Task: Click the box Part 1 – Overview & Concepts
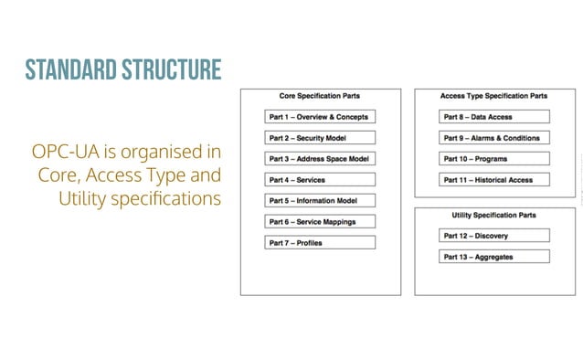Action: point(320,117)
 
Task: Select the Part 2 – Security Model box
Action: point(320,138)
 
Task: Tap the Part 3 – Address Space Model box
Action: point(320,159)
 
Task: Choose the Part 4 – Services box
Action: point(320,180)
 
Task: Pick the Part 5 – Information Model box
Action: point(320,201)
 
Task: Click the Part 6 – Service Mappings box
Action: point(320,222)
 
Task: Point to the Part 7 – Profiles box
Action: point(320,243)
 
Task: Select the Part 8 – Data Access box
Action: point(495,117)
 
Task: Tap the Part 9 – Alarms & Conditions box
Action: point(495,138)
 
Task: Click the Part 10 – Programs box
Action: point(495,159)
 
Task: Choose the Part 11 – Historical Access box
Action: point(495,180)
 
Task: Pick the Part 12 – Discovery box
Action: point(495,236)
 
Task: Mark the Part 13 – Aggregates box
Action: point(495,257)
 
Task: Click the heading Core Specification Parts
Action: point(320,96)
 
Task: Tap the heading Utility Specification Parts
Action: point(494,215)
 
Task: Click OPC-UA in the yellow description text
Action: point(63,151)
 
